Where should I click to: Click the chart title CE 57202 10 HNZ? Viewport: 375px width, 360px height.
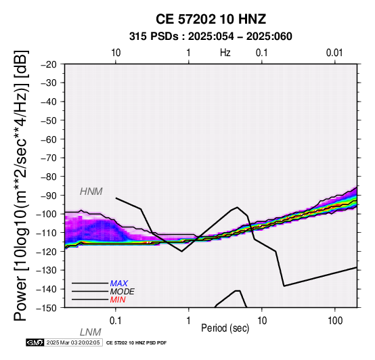tap(211, 19)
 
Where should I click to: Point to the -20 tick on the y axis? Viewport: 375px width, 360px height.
tap(49, 64)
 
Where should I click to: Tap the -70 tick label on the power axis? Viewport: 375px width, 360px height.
tap(49, 158)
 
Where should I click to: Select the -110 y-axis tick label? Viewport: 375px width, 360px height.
tap(47, 233)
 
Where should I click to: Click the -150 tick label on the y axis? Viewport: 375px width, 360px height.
tap(47, 308)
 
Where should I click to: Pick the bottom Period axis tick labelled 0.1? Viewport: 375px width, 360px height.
tap(116, 321)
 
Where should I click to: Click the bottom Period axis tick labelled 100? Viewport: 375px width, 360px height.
tap(335, 321)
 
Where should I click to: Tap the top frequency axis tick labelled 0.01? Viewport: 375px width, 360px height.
tap(334, 53)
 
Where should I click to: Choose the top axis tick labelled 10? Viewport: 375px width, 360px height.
tap(116, 53)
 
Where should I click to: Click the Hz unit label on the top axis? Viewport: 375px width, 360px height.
tap(225, 53)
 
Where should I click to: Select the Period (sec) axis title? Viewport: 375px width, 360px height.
tap(225, 328)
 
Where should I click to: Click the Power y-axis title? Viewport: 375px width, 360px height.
tap(21, 185)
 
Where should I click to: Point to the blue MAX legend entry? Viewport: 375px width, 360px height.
tap(119, 284)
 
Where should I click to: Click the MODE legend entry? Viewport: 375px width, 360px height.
tap(123, 292)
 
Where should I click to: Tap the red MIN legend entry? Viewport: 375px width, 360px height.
tap(118, 300)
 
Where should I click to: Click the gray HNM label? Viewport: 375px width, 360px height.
tap(91, 192)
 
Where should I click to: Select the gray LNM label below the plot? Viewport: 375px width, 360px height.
tap(91, 332)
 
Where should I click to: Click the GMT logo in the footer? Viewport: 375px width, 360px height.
tap(35, 342)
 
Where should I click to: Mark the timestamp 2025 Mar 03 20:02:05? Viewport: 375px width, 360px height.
tap(73, 342)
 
